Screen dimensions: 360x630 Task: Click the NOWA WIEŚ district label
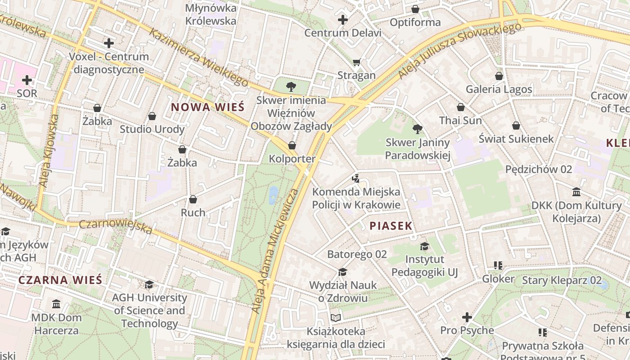click(x=207, y=107)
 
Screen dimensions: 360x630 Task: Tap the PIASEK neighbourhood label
click(x=391, y=226)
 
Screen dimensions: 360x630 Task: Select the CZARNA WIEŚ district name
click(x=60, y=280)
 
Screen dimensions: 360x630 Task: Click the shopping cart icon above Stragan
click(x=356, y=62)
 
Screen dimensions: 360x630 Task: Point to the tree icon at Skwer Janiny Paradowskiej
click(x=418, y=129)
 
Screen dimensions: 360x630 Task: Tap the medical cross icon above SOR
click(x=27, y=80)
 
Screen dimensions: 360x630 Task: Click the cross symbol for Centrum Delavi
click(x=343, y=19)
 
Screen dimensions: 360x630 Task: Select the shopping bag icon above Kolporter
click(x=292, y=145)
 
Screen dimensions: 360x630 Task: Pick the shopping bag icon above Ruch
click(x=193, y=199)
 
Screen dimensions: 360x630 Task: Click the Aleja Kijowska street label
click(x=49, y=150)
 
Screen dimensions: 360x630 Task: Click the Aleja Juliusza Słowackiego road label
click(x=459, y=50)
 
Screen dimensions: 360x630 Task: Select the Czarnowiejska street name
click(x=116, y=226)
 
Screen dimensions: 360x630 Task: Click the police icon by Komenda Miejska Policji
click(x=356, y=179)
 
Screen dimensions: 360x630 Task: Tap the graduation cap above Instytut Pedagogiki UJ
click(x=424, y=246)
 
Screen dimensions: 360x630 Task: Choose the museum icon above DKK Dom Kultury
click(x=576, y=192)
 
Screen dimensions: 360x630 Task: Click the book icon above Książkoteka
click(x=336, y=318)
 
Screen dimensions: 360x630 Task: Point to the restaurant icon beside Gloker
click(x=498, y=265)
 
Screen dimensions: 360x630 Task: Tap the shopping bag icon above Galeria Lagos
click(x=499, y=76)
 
